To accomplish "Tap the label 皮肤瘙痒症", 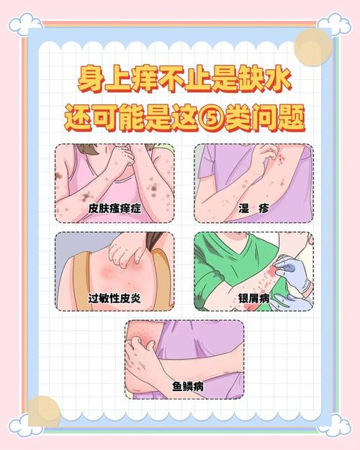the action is click(114, 208).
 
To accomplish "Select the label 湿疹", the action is click(253, 208).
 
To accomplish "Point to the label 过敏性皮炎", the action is click(114, 299).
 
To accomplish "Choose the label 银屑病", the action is click(253, 299).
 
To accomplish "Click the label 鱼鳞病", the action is click(188, 387).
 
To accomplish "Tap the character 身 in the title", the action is click(91, 80).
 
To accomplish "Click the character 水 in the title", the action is click(278, 80).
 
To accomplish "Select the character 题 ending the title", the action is click(291, 118).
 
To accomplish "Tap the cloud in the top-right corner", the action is click(334, 24).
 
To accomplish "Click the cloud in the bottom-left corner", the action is click(25, 426).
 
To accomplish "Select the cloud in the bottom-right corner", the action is click(334, 426).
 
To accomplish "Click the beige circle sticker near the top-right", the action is click(313, 48).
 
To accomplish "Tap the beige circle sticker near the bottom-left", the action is click(45, 412).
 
